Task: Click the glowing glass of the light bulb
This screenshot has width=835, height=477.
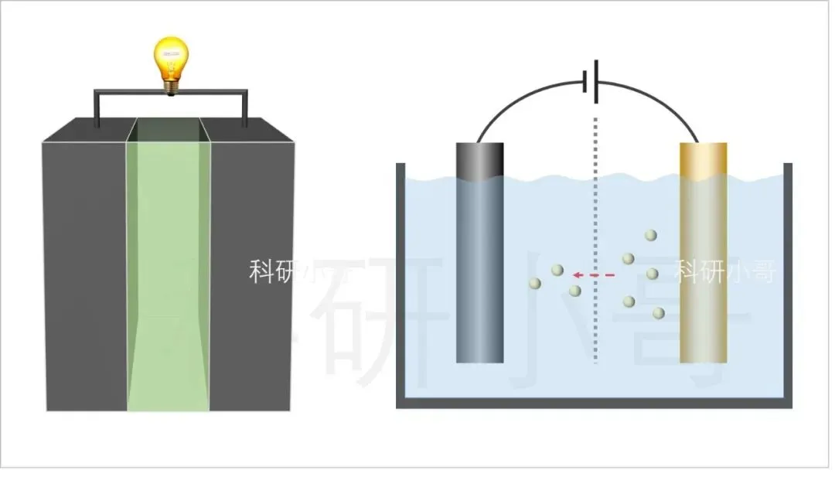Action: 171,60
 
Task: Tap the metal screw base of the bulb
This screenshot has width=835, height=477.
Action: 170,88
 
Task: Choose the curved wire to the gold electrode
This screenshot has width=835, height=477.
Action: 665,101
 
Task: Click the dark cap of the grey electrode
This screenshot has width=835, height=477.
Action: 479,159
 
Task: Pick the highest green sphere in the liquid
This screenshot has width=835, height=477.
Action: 651,235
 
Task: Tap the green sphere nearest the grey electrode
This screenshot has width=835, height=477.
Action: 534,284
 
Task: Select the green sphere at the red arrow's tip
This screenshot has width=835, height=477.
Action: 557,270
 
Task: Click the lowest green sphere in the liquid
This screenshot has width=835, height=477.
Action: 659,313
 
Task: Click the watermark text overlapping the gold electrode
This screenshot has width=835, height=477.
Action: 724,271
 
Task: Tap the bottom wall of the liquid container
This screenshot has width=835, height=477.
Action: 595,404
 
